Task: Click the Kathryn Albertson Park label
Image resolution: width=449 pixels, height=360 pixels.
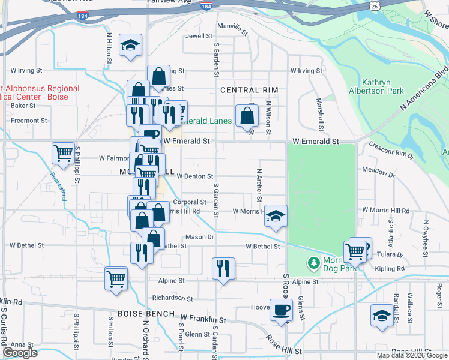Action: [x=376, y=86]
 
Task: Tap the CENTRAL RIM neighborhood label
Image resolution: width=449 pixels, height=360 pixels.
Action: [x=249, y=90]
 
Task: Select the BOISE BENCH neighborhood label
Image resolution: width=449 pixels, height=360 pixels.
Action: [x=146, y=314]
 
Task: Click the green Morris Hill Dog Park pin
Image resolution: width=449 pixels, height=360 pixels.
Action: [x=313, y=263]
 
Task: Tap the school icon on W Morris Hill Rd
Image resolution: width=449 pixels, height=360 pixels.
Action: [x=276, y=216]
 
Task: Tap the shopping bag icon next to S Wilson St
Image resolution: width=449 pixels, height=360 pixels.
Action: [x=247, y=115]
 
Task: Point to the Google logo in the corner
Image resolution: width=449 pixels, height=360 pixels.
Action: [x=20, y=353]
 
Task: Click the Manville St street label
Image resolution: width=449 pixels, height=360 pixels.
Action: [x=232, y=28]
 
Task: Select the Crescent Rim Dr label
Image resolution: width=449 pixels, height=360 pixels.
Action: [x=392, y=149]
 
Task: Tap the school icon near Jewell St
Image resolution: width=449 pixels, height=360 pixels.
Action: [x=130, y=45]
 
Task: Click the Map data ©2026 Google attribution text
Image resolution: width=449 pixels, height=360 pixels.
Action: [x=411, y=355]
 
